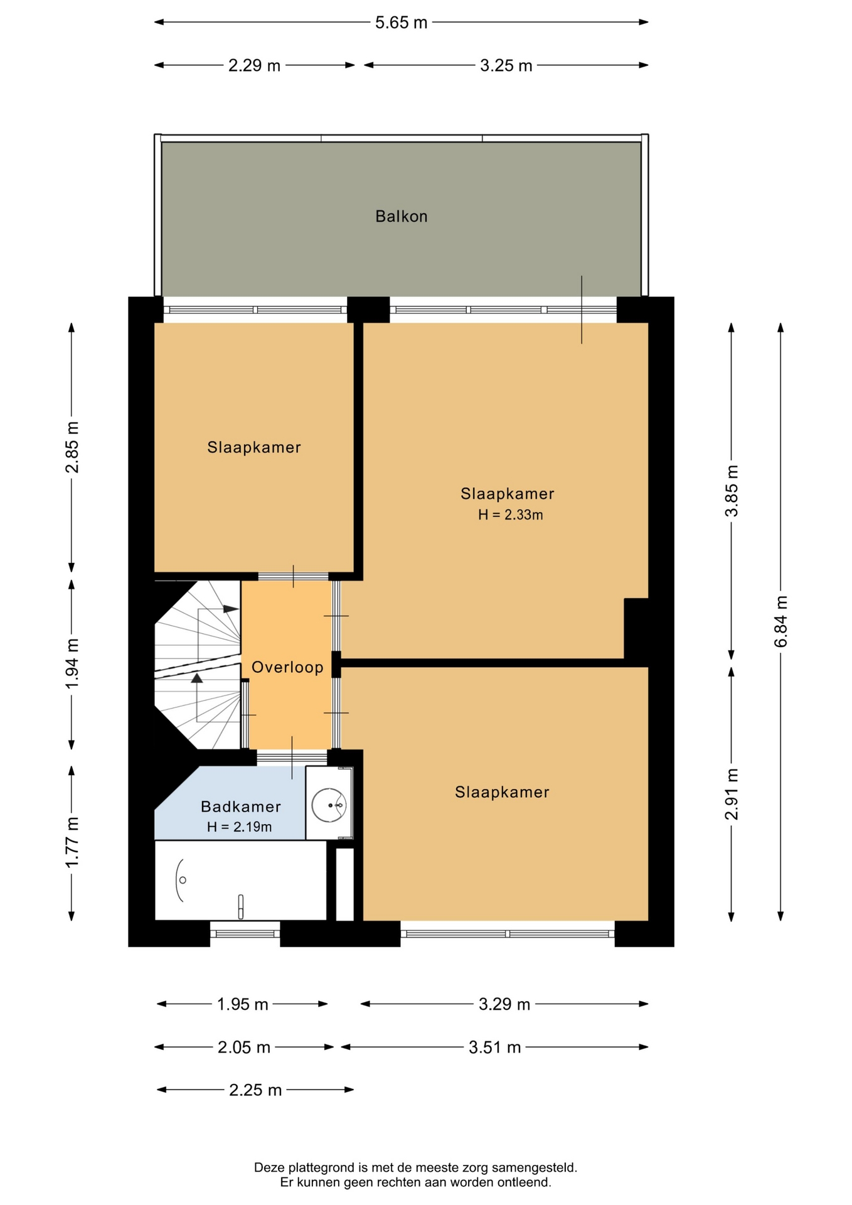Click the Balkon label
click(x=402, y=217)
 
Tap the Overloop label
click(x=287, y=667)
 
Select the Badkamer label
click(x=241, y=806)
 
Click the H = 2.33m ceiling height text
click(x=510, y=515)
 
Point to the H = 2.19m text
click(x=240, y=827)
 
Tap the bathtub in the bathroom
click(x=241, y=881)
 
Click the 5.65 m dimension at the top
click(x=402, y=23)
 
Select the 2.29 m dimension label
click(x=254, y=65)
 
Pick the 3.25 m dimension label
click(x=506, y=65)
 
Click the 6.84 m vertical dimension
click(x=780, y=621)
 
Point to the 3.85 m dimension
click(x=732, y=491)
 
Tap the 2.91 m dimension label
click(x=732, y=794)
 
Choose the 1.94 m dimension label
click(x=72, y=663)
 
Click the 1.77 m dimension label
click(x=72, y=843)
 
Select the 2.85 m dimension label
click(x=72, y=447)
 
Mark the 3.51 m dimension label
click(x=495, y=1047)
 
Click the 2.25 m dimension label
click(x=255, y=1090)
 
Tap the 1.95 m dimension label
click(x=243, y=1005)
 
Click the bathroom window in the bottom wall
click(x=245, y=933)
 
